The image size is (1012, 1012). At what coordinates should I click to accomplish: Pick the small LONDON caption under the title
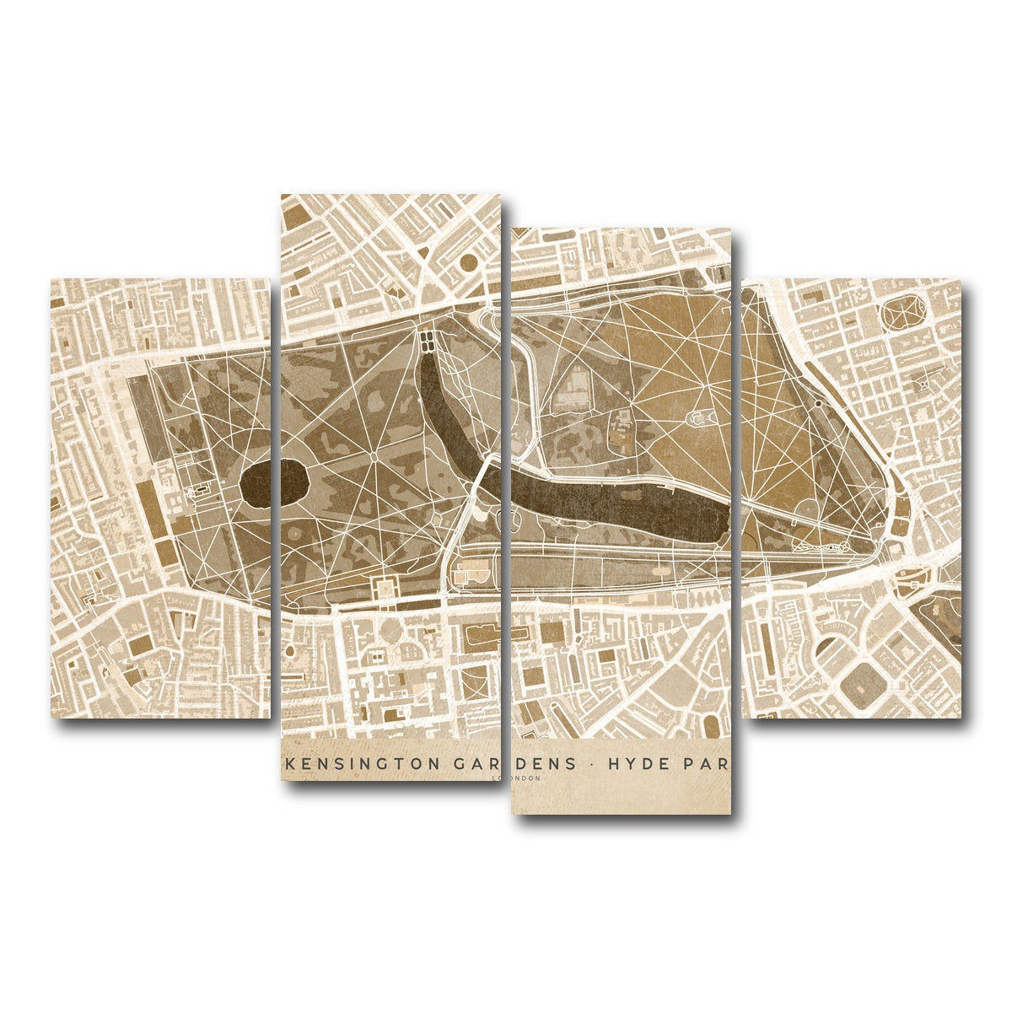point(516,778)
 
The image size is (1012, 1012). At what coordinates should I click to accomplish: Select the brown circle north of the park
point(466,264)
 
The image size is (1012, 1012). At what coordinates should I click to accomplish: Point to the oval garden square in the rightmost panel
point(903,312)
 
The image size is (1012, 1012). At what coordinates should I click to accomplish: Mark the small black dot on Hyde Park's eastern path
point(818,404)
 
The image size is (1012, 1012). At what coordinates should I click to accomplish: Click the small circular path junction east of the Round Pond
point(374,455)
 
